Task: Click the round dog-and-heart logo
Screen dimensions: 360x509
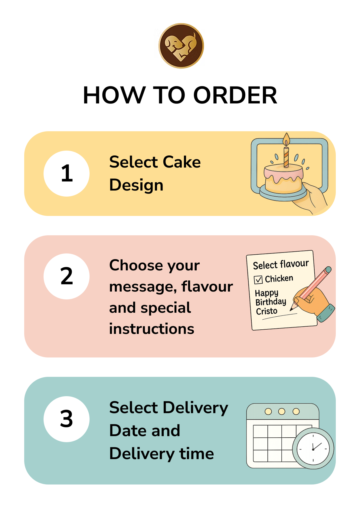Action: click(x=181, y=46)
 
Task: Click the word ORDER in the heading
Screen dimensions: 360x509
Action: click(x=235, y=95)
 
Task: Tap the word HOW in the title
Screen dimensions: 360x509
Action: click(x=114, y=95)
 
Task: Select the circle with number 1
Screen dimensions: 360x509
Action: click(x=66, y=173)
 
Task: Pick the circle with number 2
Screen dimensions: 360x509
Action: click(x=66, y=276)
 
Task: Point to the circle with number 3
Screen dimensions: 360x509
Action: click(x=66, y=419)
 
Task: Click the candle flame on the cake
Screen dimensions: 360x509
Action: click(x=286, y=139)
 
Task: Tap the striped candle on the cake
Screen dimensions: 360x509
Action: click(x=286, y=157)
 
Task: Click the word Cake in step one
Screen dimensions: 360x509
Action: click(x=182, y=162)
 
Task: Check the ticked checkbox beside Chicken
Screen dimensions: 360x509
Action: click(x=258, y=280)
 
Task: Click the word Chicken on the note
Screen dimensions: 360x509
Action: click(x=279, y=279)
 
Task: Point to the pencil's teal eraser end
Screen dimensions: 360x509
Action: click(x=328, y=270)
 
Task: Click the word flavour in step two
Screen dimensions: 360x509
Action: click(x=207, y=286)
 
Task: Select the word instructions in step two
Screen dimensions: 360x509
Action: click(x=152, y=329)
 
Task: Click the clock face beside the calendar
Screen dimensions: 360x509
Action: click(x=313, y=449)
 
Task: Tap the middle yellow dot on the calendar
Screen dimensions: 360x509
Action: click(x=282, y=412)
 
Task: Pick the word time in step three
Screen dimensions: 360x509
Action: click(x=197, y=454)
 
